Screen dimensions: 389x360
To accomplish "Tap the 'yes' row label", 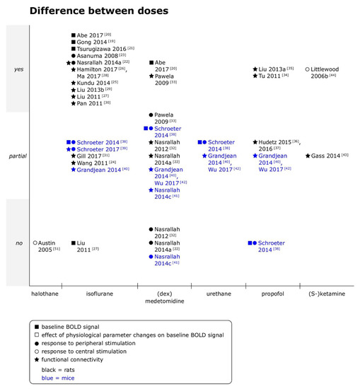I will pos(19,69).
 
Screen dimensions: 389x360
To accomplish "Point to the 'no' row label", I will pos(19,243).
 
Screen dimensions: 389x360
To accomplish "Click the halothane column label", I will pos(43,293).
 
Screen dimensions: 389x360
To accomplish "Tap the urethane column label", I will pos(218,293).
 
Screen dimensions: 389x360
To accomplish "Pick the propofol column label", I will pos(272,293).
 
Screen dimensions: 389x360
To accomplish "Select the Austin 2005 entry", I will pos(47,245).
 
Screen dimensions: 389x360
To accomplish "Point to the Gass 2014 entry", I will pos(326,156).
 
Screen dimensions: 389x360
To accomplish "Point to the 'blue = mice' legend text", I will pos(74,378).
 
